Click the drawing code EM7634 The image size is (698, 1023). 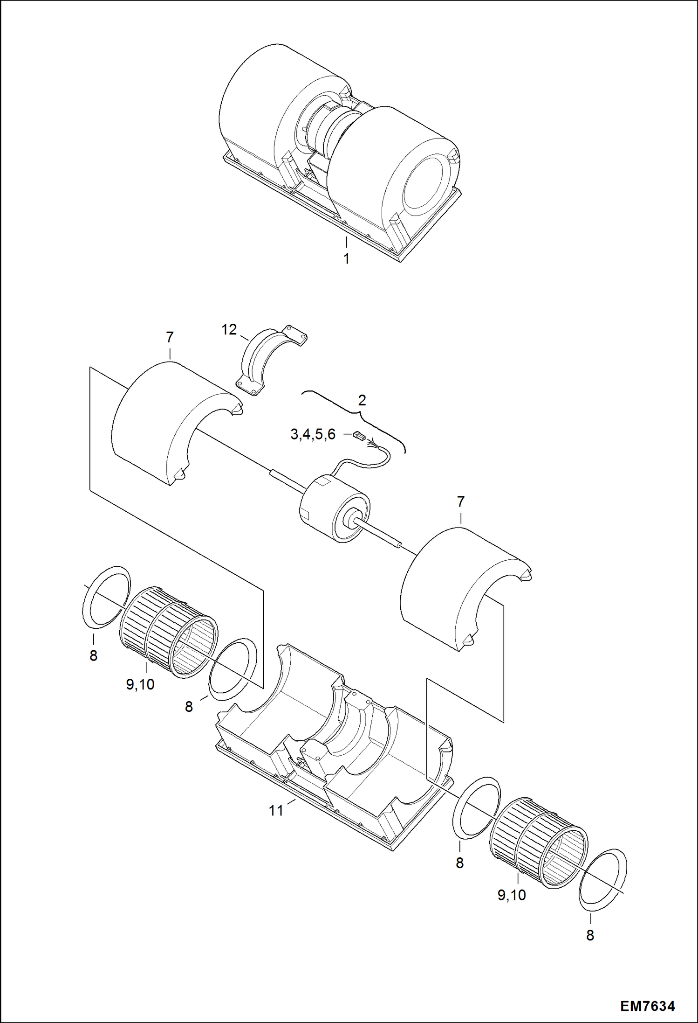(x=647, y=1006)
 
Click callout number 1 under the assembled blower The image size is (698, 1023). (x=346, y=258)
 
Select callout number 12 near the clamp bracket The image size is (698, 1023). (x=229, y=329)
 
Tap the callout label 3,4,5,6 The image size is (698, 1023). (x=313, y=434)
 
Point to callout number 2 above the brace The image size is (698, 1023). (x=362, y=400)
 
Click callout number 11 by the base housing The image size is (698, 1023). (x=276, y=811)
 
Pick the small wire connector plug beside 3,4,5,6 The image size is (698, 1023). (x=358, y=436)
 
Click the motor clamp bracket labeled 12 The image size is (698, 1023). (x=270, y=359)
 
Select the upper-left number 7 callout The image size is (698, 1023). (x=170, y=337)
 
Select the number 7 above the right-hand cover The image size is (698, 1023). (x=460, y=501)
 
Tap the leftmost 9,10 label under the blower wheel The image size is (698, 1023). (x=140, y=684)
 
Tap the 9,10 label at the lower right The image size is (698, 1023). (x=511, y=895)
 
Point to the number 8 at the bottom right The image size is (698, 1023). (x=590, y=935)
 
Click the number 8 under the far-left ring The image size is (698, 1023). (x=93, y=655)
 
